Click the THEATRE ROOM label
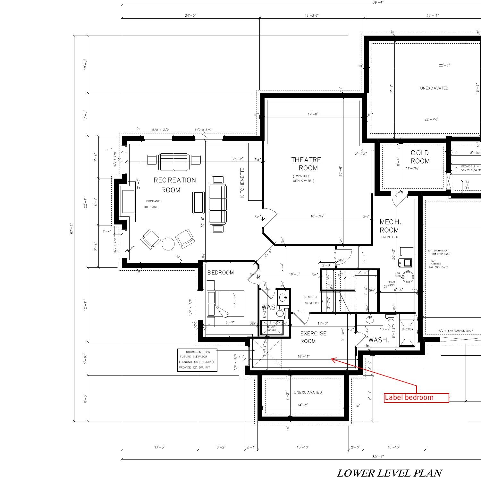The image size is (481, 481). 306,164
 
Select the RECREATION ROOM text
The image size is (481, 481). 174,185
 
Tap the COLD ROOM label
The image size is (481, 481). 419,157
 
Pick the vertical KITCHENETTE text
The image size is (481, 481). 242,182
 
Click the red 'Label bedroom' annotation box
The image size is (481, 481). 416,398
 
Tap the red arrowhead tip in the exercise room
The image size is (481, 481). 332,359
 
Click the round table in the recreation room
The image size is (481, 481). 168,244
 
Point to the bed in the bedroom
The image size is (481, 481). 225,303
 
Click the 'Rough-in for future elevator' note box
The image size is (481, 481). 197,360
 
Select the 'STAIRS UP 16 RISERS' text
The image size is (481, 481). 311,300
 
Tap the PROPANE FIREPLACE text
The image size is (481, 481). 151,204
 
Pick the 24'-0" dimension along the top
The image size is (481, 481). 190,15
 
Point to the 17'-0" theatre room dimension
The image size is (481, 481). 313,114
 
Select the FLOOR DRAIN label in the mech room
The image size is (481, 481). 391,283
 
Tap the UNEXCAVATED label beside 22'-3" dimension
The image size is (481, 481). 434,88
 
